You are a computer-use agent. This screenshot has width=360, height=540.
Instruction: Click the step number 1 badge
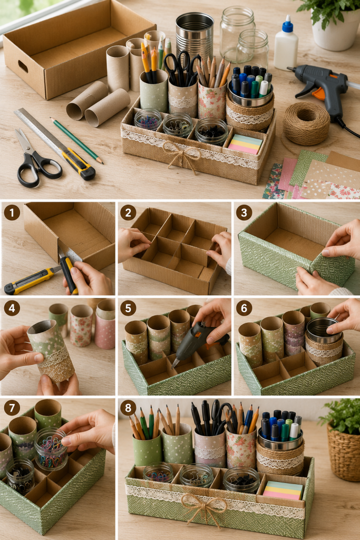pos(12,213)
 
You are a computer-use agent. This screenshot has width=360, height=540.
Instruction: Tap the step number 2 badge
pos(128,213)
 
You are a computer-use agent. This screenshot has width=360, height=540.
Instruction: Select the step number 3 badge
pos(244,213)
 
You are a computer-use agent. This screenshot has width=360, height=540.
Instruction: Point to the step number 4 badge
pos(12,308)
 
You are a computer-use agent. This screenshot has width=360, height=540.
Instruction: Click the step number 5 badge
pos(128,308)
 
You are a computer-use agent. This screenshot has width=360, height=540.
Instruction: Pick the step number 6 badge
pos(244,308)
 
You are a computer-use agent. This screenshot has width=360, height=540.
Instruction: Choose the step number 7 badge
pos(12,408)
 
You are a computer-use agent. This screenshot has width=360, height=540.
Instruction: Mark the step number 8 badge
pos(128,408)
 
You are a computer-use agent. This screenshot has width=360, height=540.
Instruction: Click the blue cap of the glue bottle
pos(287,25)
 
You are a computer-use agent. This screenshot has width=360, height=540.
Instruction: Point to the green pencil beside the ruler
pos(76,140)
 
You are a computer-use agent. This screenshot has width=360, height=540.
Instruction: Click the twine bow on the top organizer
pos(180,155)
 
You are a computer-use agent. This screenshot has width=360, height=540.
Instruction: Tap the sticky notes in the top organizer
pos(245,143)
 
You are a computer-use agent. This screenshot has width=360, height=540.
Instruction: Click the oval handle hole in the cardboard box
pos(23,66)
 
